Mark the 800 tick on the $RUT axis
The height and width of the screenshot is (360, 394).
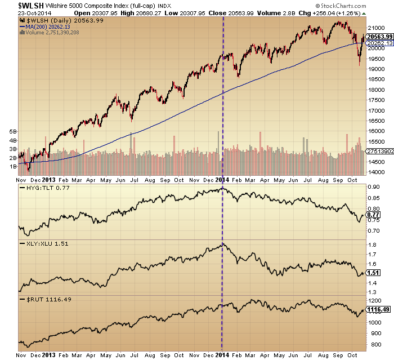click(x=373, y=344)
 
